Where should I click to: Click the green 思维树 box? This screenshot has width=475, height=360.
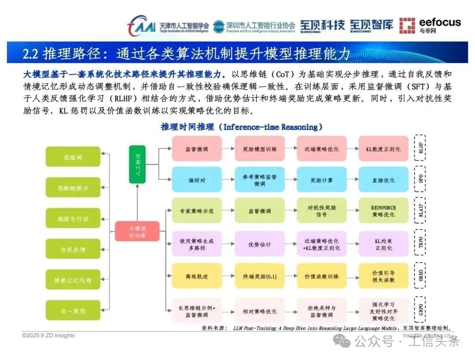[x=73, y=157]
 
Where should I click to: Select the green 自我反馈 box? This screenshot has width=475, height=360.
[x=73, y=249]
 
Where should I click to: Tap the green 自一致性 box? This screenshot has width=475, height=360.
[x=73, y=310]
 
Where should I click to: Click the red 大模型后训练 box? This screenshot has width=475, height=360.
[x=137, y=231]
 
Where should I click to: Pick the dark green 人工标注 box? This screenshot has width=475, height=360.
[x=137, y=164]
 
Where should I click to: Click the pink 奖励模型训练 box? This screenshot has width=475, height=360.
[x=259, y=149]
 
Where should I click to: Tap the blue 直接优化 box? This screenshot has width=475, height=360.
[x=383, y=180]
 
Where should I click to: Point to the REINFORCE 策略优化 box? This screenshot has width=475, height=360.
[x=383, y=211]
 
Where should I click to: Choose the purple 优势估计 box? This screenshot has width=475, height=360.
[x=259, y=245]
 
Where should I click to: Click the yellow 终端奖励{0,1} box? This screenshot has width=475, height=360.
[x=259, y=276]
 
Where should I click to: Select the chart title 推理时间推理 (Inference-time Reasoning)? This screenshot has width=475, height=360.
[x=241, y=127]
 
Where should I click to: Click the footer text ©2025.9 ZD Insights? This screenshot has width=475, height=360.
[x=48, y=335]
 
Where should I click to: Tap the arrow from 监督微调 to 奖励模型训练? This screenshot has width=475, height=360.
[x=228, y=149]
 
